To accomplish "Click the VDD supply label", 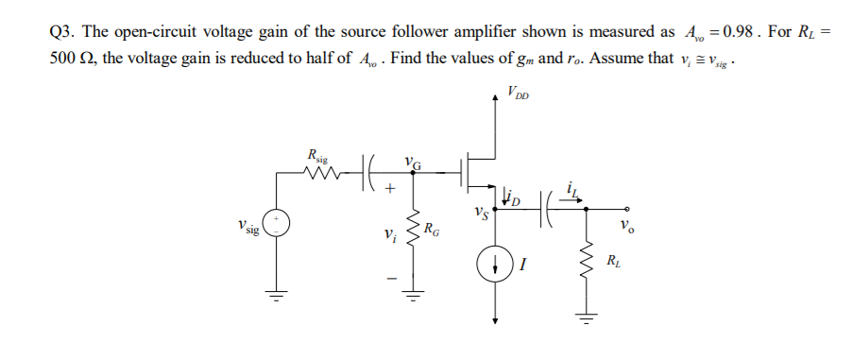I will [518, 93].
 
